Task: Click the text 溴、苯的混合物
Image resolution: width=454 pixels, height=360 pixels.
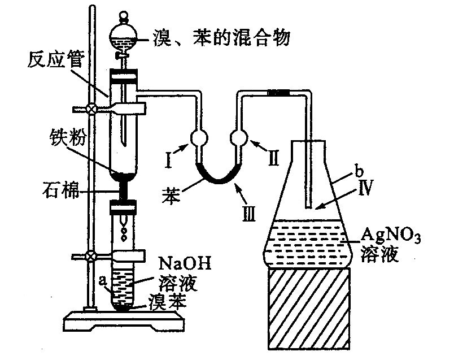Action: pyautogui.click(x=221, y=38)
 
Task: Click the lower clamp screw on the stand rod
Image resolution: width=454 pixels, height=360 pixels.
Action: pyautogui.click(x=89, y=256)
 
